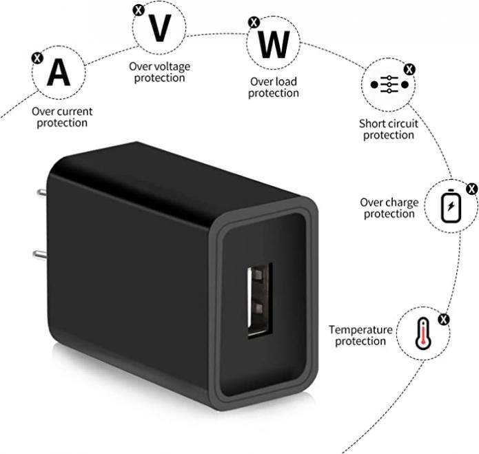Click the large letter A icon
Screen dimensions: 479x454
(x=59, y=72)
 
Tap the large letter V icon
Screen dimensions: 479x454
(x=159, y=28)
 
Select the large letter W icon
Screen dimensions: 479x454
(x=274, y=45)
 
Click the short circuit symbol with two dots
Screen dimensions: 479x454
(x=389, y=85)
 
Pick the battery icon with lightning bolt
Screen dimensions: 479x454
(x=451, y=206)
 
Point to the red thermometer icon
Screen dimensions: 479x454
(x=423, y=333)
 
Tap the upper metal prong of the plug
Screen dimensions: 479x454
(x=42, y=193)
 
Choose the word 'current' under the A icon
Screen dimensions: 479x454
(x=75, y=112)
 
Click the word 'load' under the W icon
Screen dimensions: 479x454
(x=285, y=81)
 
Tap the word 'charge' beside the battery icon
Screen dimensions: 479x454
(x=402, y=203)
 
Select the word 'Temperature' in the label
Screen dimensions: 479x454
(x=360, y=330)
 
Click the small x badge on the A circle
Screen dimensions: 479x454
(x=37, y=58)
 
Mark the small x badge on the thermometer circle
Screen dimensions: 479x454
(x=444, y=320)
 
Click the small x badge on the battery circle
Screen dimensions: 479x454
(x=472, y=189)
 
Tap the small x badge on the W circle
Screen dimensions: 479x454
(x=254, y=22)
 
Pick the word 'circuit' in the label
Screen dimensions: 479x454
(x=404, y=123)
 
